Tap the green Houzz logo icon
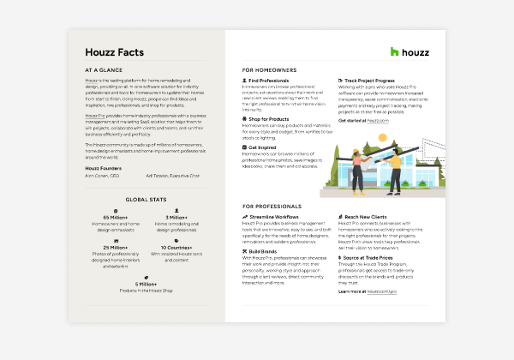click(x=395, y=52)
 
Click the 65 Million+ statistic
click(x=114, y=218)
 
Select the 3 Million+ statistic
click(x=176, y=218)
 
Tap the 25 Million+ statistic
click(x=114, y=248)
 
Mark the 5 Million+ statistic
click(x=145, y=284)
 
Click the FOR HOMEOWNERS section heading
click(x=268, y=69)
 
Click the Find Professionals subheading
click(x=271, y=81)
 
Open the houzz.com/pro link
click(x=382, y=291)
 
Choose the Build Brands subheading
click(x=265, y=251)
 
